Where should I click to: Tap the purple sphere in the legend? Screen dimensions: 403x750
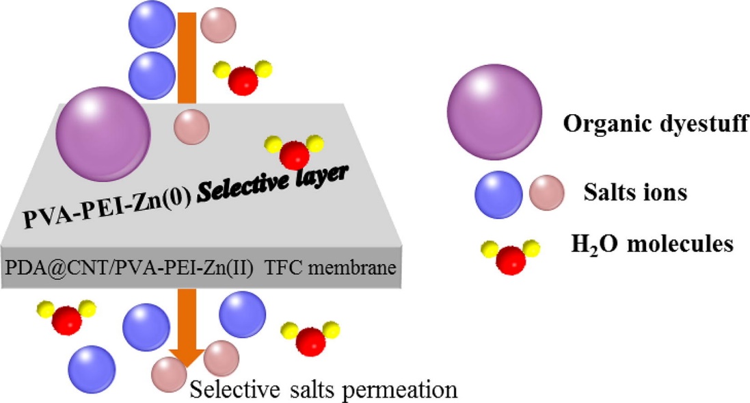(x=495, y=114)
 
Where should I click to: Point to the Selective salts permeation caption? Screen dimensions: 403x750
(x=323, y=390)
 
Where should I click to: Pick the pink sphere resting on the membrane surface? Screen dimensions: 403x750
(x=191, y=126)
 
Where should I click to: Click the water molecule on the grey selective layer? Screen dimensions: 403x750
(x=293, y=149)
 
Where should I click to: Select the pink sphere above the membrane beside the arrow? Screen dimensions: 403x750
(x=219, y=24)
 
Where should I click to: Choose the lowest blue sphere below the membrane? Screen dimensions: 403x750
(x=92, y=367)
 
